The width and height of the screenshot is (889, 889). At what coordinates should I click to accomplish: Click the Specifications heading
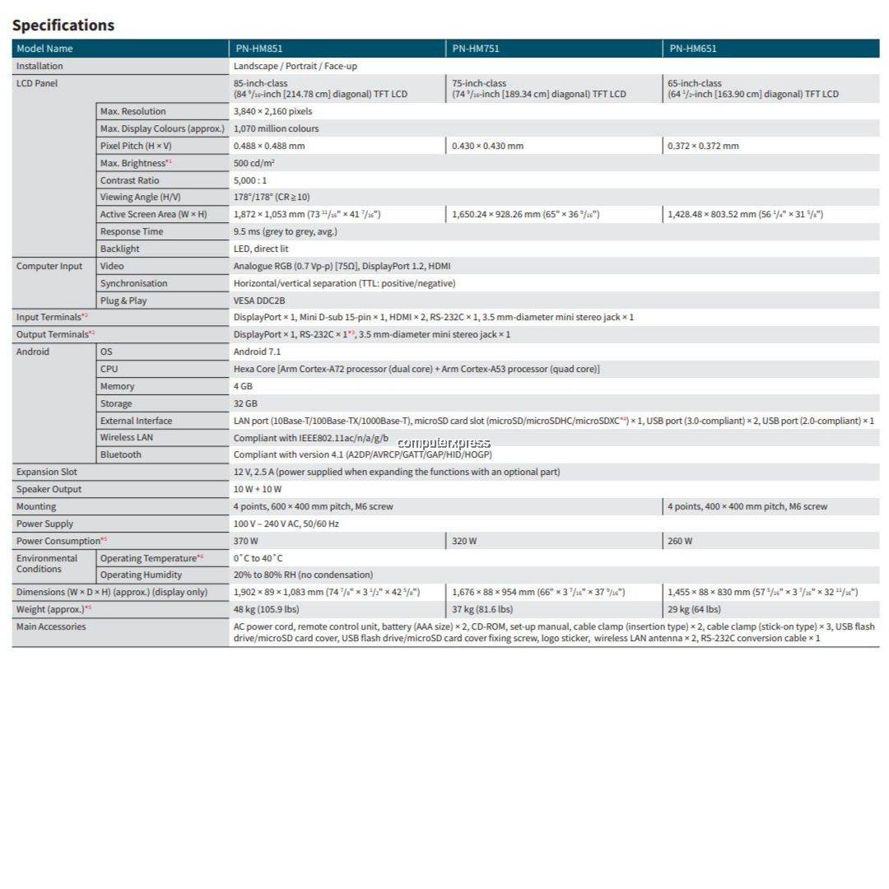coord(63,25)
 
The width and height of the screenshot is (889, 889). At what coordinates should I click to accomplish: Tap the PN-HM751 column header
coord(475,49)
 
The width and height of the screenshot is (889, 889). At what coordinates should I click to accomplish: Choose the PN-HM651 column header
coord(692,49)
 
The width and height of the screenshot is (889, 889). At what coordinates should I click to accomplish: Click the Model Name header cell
coord(44,49)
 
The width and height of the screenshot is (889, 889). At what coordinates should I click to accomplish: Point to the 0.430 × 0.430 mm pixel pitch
coord(487,146)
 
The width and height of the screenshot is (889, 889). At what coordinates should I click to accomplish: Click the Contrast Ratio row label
coord(129,180)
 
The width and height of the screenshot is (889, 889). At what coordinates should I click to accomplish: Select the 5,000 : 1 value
coord(250,180)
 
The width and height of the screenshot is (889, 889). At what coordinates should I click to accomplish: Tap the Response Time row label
coord(131,231)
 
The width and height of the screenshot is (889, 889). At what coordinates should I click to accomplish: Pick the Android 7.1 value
coord(256,351)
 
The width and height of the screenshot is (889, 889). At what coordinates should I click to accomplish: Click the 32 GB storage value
coord(245,403)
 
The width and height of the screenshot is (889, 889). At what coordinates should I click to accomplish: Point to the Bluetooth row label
coord(120,454)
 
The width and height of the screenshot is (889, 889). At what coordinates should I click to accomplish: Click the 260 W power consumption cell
coord(681,541)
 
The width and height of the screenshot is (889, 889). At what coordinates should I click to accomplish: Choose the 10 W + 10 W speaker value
coord(257,489)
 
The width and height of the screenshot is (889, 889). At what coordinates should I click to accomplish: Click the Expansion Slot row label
coord(47,472)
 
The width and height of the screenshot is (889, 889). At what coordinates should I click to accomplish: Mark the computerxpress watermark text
coord(444,443)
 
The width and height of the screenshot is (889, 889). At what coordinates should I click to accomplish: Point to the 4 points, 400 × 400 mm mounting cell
coord(747,506)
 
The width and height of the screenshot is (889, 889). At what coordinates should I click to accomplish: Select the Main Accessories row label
coord(51,626)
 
